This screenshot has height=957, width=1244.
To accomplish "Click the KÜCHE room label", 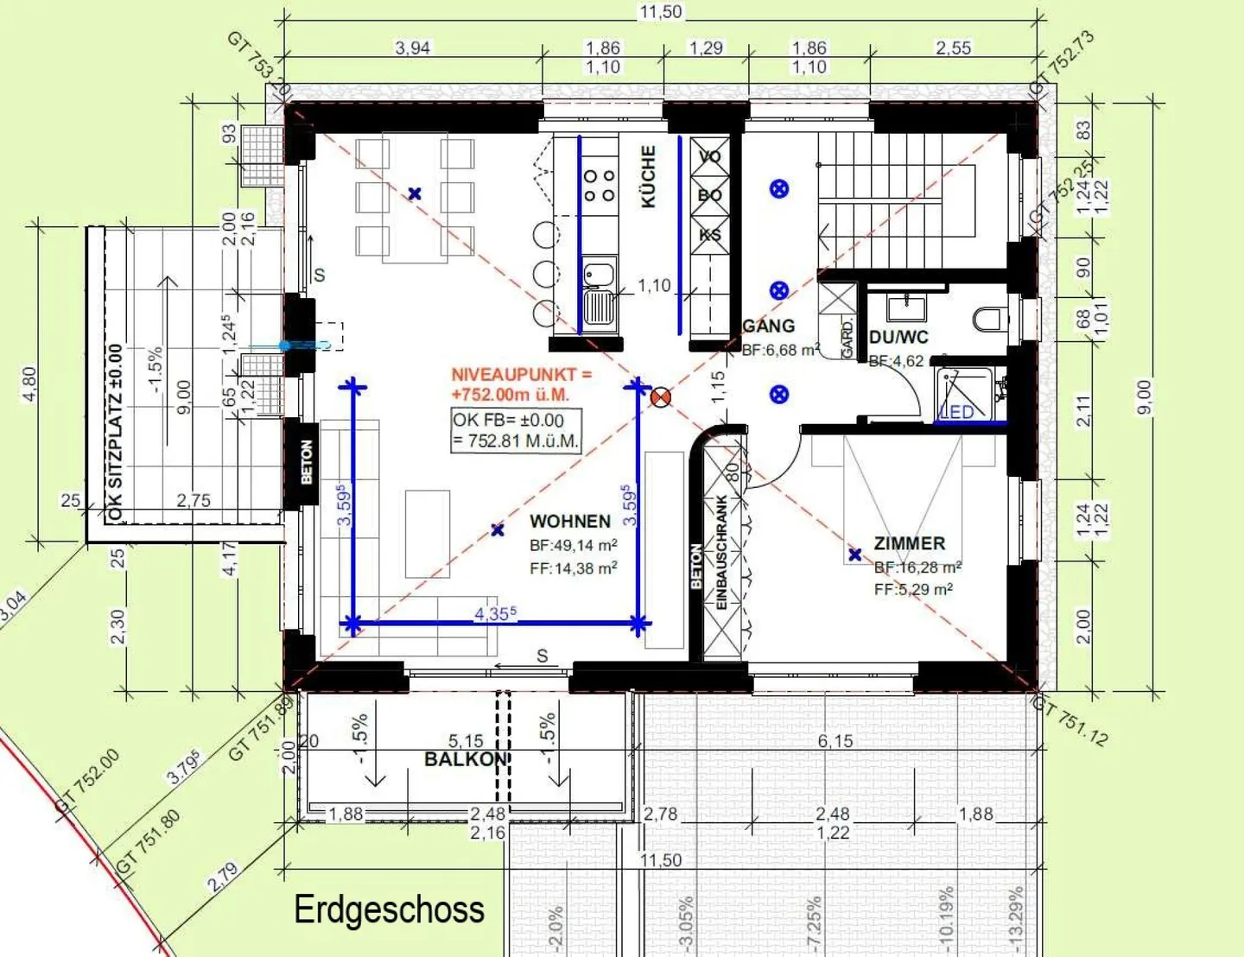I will click(648, 176).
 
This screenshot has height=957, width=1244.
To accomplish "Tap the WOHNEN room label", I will click(570, 522).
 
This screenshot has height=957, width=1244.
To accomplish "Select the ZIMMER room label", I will click(910, 543).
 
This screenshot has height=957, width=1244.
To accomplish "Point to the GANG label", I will click(768, 326).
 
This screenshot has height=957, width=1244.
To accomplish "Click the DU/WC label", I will click(898, 337).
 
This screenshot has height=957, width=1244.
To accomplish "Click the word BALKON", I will click(466, 759).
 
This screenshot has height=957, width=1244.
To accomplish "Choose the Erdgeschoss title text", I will click(389, 909).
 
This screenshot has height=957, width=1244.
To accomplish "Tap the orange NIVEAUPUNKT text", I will click(521, 384).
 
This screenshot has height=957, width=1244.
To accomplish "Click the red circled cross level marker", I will click(661, 396).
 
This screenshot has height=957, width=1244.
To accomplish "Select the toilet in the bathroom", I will click(988, 319).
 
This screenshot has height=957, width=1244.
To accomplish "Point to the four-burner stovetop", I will click(599, 185).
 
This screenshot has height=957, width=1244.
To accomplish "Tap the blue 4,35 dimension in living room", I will click(495, 613).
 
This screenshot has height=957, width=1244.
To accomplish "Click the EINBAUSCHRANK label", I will click(722, 553).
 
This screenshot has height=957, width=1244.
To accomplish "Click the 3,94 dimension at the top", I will click(412, 48).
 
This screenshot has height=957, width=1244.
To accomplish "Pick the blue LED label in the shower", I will click(956, 412).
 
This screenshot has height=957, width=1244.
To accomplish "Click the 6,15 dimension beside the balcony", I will click(835, 741).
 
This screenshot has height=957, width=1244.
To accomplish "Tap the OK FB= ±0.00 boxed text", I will click(516, 430).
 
